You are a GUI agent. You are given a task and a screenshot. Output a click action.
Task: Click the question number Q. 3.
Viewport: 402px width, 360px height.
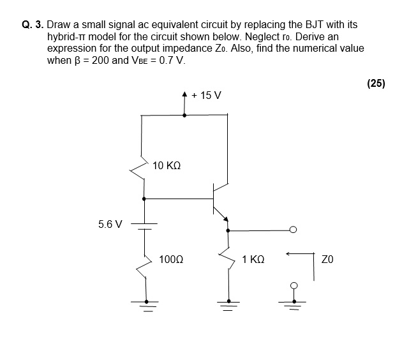[32, 25]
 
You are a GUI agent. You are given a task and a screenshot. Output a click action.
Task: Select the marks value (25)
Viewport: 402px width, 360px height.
[376, 82]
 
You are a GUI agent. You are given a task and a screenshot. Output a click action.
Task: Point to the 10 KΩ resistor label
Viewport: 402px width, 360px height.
[167, 165]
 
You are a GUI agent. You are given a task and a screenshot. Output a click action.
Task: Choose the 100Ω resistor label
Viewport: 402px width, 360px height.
[171, 260]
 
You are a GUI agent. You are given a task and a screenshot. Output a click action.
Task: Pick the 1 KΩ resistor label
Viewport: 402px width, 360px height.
[253, 260]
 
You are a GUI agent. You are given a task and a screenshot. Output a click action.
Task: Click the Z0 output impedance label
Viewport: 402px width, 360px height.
[328, 260]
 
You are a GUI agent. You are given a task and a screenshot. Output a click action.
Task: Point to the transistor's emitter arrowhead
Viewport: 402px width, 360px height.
[225, 220]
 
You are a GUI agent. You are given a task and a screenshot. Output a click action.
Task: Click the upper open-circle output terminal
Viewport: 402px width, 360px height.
[293, 230]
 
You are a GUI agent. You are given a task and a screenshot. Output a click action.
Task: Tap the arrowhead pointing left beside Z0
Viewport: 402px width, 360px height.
[289, 255]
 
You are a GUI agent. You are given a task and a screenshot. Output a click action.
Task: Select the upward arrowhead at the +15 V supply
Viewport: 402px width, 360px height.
[185, 95]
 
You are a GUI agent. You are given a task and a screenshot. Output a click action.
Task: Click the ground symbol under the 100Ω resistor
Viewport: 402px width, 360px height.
[147, 304]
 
